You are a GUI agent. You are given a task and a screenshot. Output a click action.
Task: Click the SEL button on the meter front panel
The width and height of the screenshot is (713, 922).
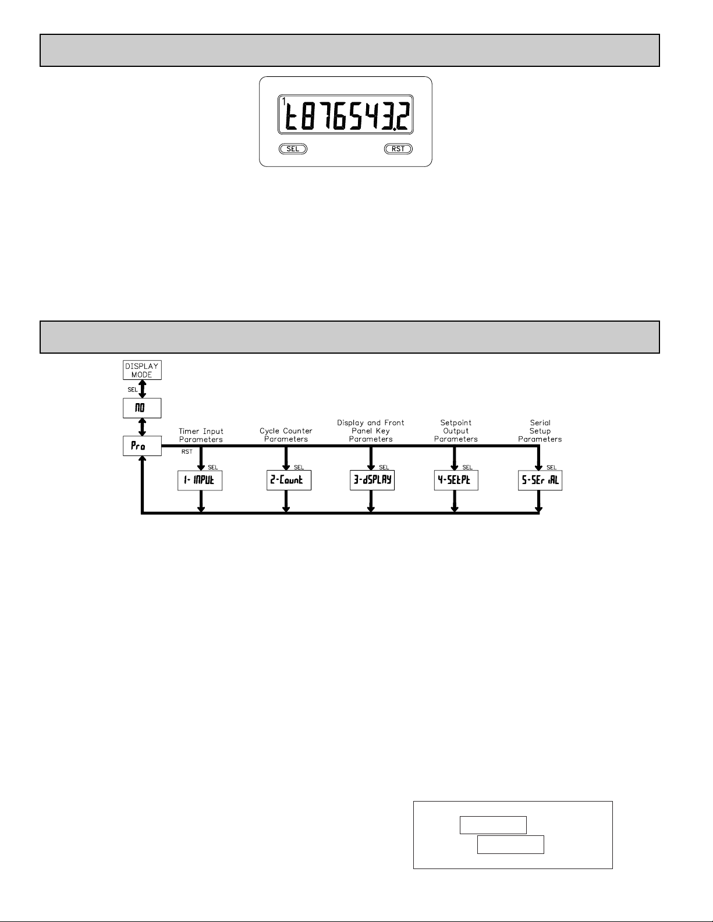(x=293, y=149)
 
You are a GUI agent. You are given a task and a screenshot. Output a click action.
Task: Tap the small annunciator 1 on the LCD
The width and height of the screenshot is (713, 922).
(x=283, y=101)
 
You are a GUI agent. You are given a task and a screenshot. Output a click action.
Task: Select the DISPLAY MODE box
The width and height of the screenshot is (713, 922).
(x=142, y=370)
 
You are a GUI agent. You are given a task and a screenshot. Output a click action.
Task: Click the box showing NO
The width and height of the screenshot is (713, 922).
(x=142, y=408)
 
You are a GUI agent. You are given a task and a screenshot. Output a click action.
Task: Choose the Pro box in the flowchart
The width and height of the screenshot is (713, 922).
(x=142, y=446)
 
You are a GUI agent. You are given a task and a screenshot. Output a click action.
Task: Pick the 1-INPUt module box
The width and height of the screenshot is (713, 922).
(x=200, y=480)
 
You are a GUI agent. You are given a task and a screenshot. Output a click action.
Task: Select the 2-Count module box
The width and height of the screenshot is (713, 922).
(x=289, y=480)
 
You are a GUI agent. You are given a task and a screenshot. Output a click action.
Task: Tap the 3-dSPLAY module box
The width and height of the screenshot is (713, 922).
(x=372, y=480)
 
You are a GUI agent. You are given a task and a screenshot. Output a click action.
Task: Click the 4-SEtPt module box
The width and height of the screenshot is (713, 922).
(x=456, y=480)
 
